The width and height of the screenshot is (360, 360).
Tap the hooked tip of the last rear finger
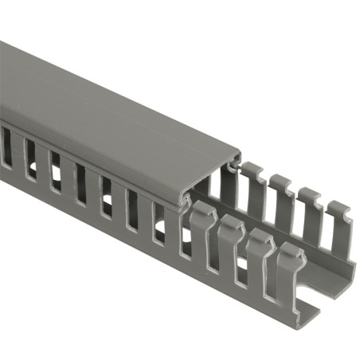[x=340, y=210]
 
